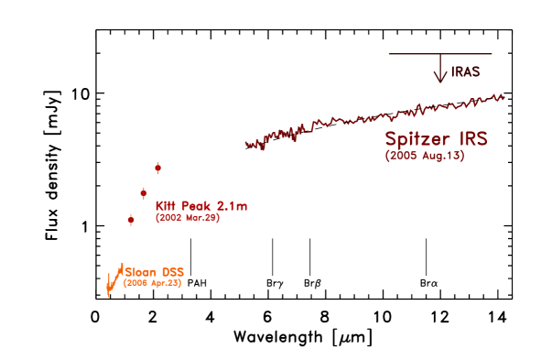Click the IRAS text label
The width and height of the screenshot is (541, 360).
click(x=465, y=71)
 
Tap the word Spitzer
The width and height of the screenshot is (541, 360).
click(x=418, y=140)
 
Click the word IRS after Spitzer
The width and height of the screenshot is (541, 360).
click(x=472, y=139)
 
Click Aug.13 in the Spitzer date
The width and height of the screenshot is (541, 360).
click(x=441, y=157)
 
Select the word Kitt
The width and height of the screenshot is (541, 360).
click(x=165, y=205)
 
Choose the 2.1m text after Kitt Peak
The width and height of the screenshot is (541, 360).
click(x=230, y=205)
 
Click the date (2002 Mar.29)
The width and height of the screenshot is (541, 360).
click(x=187, y=218)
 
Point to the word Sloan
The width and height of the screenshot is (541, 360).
click(x=141, y=272)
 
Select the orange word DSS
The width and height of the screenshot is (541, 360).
click(x=172, y=272)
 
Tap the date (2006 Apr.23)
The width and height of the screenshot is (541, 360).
click(x=153, y=284)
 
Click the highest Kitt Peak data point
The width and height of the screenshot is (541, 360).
click(x=158, y=168)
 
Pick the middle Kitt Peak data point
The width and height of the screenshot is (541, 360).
click(x=144, y=192)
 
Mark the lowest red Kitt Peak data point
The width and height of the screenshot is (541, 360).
click(x=131, y=219)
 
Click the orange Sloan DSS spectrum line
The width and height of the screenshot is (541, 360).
click(x=114, y=279)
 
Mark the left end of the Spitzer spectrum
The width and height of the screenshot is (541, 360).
click(x=247, y=144)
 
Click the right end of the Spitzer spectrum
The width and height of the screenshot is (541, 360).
click(x=503, y=97)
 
